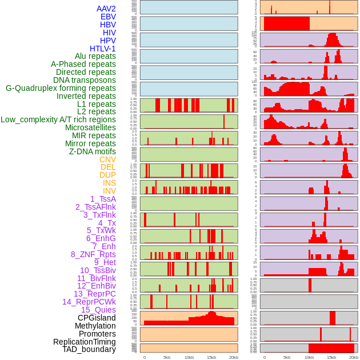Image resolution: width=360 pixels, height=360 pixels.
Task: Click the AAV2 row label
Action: tap(106, 9)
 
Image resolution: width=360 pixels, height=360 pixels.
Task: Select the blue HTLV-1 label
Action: tap(102, 49)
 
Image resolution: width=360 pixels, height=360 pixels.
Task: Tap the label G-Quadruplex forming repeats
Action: tap(61, 88)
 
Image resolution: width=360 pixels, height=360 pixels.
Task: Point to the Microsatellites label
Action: tap(90, 127)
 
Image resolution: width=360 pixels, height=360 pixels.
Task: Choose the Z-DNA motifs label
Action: tap(92, 151)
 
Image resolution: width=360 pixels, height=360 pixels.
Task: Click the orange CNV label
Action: tap(107, 159)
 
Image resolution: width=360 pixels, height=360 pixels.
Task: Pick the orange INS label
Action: tap(109, 183)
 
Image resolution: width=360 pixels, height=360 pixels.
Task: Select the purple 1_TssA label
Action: tap(103, 199)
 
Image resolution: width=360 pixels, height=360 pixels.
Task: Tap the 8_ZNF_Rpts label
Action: tap(93, 254)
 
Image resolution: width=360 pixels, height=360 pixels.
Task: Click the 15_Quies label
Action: tap(98, 310)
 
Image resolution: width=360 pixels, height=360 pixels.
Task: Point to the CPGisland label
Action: tap(97, 318)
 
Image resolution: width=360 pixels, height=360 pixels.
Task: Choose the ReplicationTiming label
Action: tap(85, 342)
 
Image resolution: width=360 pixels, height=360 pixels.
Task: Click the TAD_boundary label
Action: tap(89, 349)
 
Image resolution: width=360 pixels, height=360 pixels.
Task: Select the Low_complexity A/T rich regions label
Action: tap(58, 119)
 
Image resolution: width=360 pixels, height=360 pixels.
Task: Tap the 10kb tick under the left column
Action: tap(189, 357)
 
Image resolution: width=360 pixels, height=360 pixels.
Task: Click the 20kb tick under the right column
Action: tap(354, 357)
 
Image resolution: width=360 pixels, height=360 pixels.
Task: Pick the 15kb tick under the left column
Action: tap(211, 357)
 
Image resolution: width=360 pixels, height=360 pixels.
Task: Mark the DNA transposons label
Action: tap(85, 80)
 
